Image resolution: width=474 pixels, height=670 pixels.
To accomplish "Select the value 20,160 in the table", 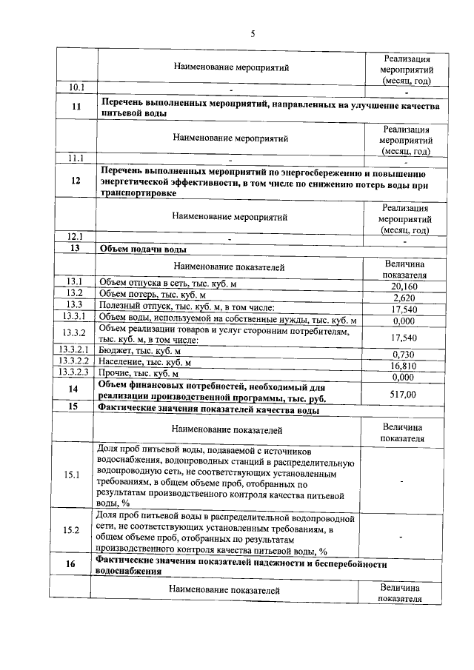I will coord(404,287).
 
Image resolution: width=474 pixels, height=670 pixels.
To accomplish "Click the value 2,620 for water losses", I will coord(404,298).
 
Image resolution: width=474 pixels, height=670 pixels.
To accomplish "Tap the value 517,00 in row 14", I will coord(403,395).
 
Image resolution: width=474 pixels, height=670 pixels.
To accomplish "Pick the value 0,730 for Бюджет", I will coord(403,355).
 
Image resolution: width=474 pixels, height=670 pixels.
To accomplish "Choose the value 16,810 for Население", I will coord(403,366).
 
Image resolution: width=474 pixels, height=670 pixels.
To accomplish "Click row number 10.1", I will coord(77,88).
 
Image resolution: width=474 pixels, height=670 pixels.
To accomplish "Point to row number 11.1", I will coord(76,158).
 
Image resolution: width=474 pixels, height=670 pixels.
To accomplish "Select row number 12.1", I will coord(76,238).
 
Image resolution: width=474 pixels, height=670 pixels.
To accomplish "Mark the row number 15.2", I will coord(72,529).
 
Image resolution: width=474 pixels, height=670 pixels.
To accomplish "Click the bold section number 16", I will coord(71,565).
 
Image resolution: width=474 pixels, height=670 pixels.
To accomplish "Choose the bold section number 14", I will coord(73,389).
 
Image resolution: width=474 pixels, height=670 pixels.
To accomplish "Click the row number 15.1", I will coord(72,475).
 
